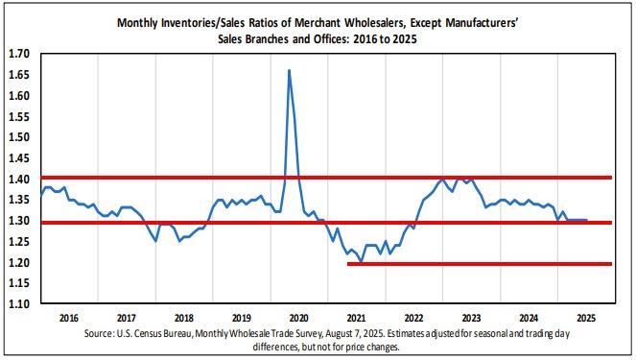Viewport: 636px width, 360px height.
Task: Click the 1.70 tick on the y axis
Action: tap(19, 55)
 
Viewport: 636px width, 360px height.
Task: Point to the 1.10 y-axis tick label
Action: tap(19, 303)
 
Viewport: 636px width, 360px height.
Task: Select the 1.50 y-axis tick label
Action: tap(19, 137)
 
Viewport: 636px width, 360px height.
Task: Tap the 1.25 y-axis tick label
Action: tap(19, 241)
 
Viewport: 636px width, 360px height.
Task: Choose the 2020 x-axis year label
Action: tap(298, 316)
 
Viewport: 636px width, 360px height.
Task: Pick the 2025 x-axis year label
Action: tap(586, 316)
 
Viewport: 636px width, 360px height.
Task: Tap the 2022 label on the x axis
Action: tap(413, 316)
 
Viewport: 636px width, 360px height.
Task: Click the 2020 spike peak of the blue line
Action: tap(290, 70)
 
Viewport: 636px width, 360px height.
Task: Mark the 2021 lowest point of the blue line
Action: tap(361, 261)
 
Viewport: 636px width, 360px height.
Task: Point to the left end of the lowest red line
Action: tap(347, 263)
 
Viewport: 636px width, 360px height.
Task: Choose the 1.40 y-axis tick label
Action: tap(19, 180)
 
